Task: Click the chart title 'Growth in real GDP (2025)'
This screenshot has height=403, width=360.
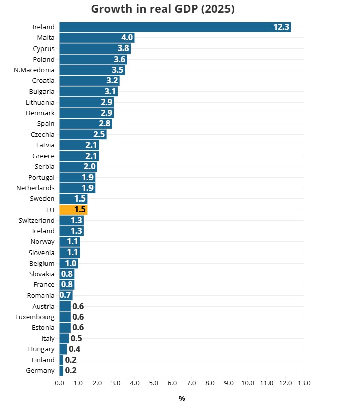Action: [163, 9]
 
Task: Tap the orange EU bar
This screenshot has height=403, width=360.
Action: [73, 210]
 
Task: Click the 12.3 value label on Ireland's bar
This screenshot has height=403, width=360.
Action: [281, 27]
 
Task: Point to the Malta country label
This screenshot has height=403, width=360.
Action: [46, 38]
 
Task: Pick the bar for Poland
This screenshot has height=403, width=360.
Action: [93, 59]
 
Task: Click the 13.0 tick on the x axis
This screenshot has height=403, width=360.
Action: [304, 383]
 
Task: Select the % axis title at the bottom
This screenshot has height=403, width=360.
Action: [182, 399]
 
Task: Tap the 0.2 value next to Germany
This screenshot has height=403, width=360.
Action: [71, 371]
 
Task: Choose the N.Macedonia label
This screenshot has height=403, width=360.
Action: [34, 70]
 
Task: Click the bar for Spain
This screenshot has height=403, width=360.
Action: [85, 124]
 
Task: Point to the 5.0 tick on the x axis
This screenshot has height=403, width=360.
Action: [153, 383]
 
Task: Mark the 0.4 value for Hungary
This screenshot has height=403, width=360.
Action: [74, 349]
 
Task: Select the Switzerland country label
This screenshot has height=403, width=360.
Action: [36, 220]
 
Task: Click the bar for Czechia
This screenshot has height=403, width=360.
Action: [82, 134]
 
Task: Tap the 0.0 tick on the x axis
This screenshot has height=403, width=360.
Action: [59, 383]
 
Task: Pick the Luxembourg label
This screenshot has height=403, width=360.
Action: [35, 317]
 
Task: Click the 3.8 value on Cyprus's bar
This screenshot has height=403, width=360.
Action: [123, 48]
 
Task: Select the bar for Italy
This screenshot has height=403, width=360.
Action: [64, 338]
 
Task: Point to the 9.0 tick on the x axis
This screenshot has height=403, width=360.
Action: [229, 383]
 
